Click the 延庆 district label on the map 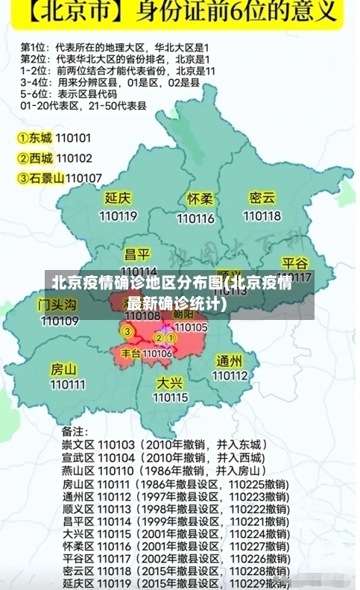(118, 198)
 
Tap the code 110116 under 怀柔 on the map (195, 219)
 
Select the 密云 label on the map (262, 198)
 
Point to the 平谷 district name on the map (295, 263)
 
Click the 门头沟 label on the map (57, 304)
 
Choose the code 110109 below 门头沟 (60, 321)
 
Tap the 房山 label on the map (64, 368)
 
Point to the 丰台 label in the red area (131, 353)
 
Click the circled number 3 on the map (127, 330)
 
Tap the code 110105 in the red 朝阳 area (191, 327)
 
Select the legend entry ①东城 (35, 138)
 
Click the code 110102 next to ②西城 (74, 158)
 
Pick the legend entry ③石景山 (40, 178)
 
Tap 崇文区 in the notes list (78, 445)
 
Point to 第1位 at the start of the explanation (34, 47)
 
